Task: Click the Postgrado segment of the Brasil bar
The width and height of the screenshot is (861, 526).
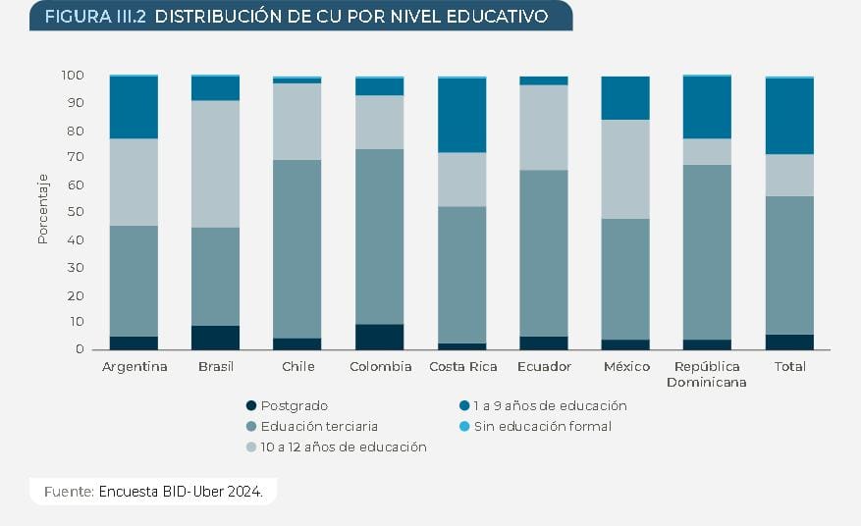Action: [215, 338]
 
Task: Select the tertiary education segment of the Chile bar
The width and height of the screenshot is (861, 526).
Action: [296, 249]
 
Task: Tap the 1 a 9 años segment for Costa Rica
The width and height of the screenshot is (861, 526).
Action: [461, 115]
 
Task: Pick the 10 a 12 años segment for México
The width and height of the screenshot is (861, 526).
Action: [625, 169]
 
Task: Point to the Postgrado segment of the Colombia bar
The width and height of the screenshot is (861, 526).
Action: [379, 337]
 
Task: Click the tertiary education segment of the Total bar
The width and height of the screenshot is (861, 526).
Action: [789, 265]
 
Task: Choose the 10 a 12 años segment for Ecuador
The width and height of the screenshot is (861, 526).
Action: [543, 128]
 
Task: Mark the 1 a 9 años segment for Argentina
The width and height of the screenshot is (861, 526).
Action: [134, 107]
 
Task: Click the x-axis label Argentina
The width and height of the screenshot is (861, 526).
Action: [135, 367]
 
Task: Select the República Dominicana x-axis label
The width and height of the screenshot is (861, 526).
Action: [706, 374]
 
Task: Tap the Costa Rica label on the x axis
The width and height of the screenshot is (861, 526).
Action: [461, 367]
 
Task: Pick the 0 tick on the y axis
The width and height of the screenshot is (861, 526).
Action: [80, 349]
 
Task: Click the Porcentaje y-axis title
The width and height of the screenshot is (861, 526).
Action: [42, 208]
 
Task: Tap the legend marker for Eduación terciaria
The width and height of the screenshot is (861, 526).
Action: [251, 426]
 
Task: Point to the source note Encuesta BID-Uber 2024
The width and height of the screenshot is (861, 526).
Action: [181, 491]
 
